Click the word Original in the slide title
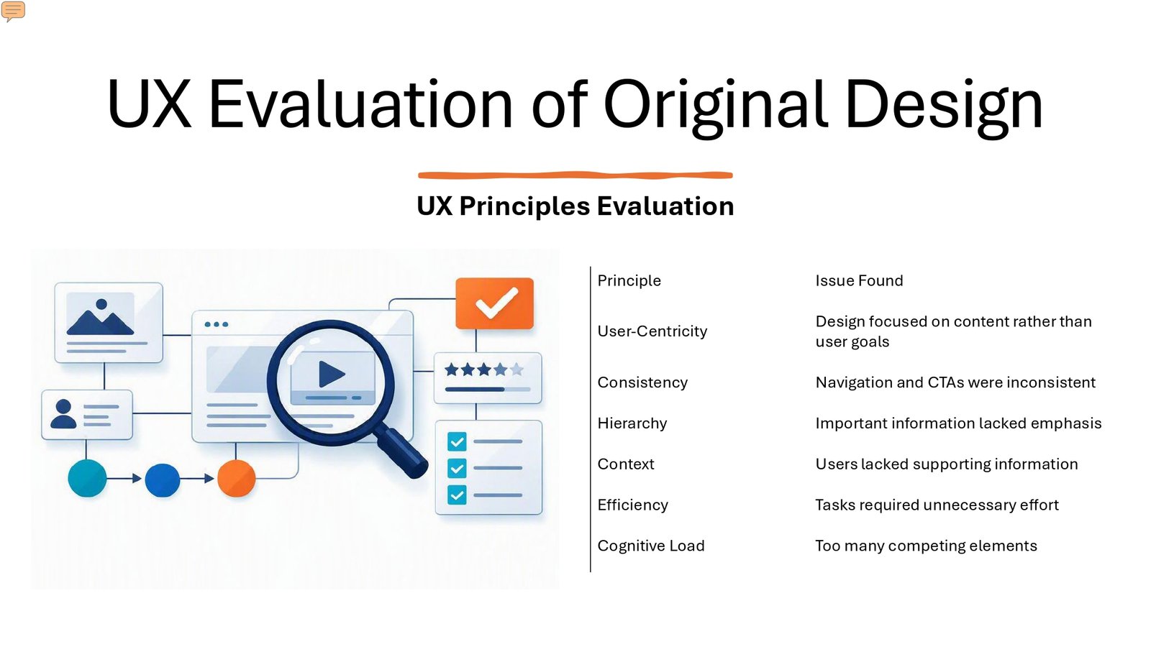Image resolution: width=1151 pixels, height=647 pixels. point(715,104)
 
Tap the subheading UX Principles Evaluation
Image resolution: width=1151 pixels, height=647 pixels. point(575,206)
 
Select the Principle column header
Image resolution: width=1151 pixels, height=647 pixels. point(629,280)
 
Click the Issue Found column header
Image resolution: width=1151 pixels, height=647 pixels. point(859,280)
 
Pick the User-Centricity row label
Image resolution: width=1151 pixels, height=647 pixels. point(652,331)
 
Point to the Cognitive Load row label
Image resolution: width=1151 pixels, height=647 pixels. point(651,546)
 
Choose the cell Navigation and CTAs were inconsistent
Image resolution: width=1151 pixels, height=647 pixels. point(955,382)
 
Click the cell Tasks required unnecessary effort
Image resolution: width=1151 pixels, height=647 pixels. point(937,505)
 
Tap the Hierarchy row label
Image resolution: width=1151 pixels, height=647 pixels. point(632,423)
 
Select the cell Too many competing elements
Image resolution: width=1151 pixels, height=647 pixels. point(926,546)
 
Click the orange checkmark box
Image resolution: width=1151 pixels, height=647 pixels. point(494,303)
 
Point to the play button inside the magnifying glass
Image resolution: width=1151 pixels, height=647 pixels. point(332,374)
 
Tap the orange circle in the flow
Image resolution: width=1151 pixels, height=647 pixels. point(237,478)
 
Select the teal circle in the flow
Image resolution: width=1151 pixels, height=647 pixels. point(87,478)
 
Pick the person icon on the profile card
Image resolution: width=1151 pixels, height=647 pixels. point(63,414)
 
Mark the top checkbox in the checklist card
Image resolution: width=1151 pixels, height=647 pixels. point(457,441)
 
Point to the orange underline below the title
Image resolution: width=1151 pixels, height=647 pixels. point(575,175)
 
